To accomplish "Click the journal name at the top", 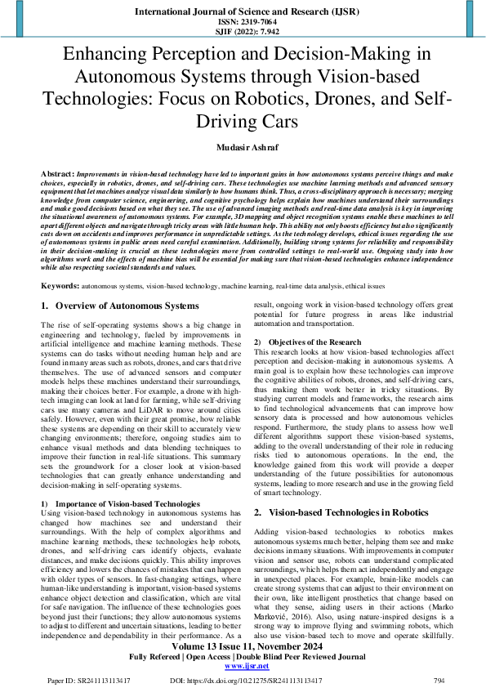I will (x=243, y=12).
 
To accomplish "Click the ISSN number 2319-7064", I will (x=243, y=23).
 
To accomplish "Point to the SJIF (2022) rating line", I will (x=243, y=33).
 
